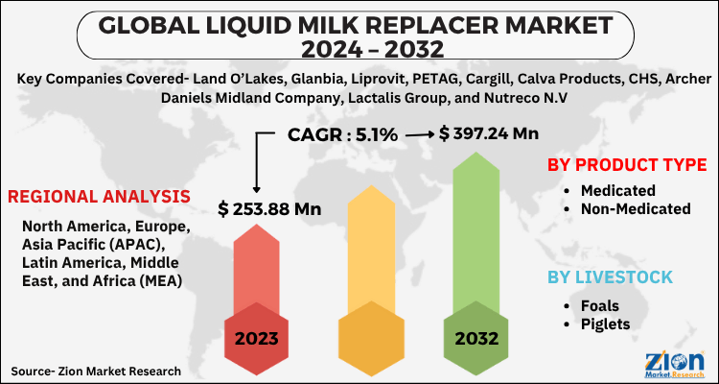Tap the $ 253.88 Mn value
[x=269, y=208]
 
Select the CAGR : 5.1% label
[x=342, y=135]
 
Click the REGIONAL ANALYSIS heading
[x=99, y=197]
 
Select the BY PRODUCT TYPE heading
[x=627, y=164]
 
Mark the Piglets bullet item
[x=606, y=324]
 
